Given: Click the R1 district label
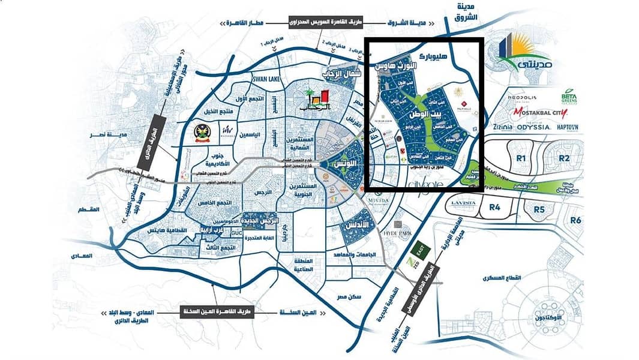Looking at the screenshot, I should click(521, 158).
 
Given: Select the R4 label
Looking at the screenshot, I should click(494, 208).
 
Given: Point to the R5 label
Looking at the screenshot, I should click(539, 209).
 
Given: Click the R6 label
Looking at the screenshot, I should click(576, 220).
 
